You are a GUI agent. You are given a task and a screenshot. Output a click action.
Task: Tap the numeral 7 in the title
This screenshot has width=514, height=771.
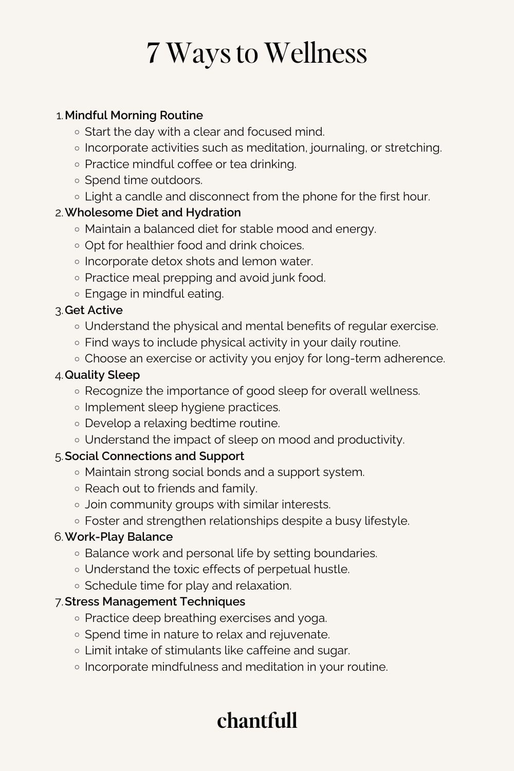pyautogui.click(x=153, y=53)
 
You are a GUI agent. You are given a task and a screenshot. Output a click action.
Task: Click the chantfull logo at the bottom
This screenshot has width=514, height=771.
pyautogui.click(x=257, y=720)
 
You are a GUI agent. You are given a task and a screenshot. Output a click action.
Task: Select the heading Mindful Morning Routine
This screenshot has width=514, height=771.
pyautogui.click(x=134, y=115)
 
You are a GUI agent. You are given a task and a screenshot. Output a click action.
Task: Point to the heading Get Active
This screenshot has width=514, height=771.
pyautogui.click(x=94, y=310)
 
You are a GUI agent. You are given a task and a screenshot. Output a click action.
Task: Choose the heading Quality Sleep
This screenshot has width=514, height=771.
pyautogui.click(x=102, y=375)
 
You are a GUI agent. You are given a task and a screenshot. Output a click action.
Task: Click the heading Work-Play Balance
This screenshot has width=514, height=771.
pyautogui.click(x=119, y=537)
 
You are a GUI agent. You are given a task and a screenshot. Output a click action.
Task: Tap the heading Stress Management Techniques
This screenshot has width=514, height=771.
pyautogui.click(x=155, y=601)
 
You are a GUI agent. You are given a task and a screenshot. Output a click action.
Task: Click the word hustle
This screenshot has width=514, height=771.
pyautogui.click(x=332, y=569)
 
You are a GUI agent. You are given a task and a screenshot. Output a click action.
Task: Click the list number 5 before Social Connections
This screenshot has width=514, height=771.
pyautogui.click(x=58, y=456)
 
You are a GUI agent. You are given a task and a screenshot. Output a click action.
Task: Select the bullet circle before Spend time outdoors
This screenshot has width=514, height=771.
pyautogui.click(x=77, y=180)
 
